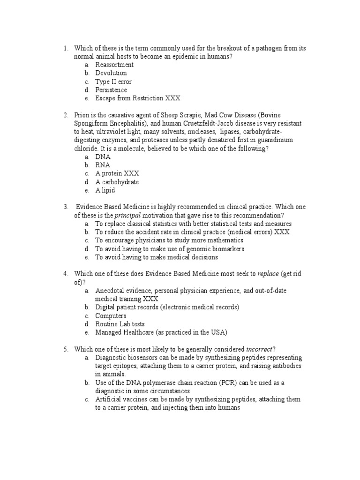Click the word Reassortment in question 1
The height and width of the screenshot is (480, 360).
click(114, 65)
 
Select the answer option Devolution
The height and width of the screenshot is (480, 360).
click(111, 73)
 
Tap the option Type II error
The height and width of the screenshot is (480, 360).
click(113, 82)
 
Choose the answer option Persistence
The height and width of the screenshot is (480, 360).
click(111, 90)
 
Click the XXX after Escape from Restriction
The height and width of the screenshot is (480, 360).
click(172, 98)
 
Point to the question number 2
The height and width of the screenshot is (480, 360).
click(66, 115)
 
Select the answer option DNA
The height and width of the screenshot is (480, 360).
click(103, 157)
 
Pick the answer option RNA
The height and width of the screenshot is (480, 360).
click(103, 165)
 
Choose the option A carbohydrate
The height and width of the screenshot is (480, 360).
click(117, 182)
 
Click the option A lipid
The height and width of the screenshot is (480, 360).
click(105, 190)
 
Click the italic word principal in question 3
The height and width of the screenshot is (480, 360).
click(128, 216)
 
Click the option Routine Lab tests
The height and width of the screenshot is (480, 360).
click(120, 324)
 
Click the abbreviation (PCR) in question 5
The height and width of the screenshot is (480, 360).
click(226, 383)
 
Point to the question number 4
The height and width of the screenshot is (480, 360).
click(66, 274)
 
